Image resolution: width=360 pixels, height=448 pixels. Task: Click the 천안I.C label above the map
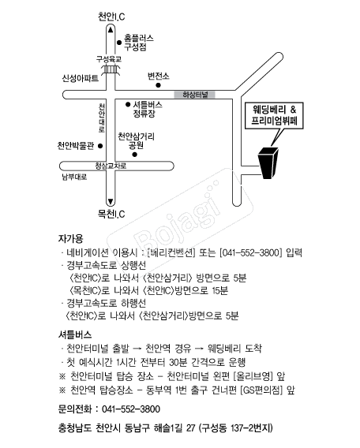tap(111, 17)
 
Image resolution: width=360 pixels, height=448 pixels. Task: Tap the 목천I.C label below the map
tap(111, 214)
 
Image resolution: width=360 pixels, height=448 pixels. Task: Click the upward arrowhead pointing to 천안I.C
tap(111, 29)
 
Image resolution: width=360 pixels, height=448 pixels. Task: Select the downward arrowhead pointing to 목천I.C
tap(111, 201)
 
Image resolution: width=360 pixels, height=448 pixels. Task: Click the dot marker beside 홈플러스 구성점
tap(119, 43)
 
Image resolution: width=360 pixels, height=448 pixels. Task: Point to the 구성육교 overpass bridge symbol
tap(111, 69)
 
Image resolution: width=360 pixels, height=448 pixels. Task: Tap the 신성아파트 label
tap(81, 78)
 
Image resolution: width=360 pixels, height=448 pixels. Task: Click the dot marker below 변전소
tap(158, 85)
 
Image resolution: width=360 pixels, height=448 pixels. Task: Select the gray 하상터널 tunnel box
tap(195, 95)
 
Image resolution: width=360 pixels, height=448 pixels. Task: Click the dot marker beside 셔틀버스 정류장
tap(128, 105)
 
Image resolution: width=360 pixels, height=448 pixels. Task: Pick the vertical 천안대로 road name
tap(102, 118)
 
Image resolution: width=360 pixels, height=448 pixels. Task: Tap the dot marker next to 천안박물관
tap(100, 146)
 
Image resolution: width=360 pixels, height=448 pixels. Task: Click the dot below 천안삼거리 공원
tap(135, 155)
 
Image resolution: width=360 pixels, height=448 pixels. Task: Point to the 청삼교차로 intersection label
tap(111, 166)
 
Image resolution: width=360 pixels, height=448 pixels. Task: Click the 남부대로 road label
tap(74, 177)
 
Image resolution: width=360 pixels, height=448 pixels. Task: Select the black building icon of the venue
tap(268, 162)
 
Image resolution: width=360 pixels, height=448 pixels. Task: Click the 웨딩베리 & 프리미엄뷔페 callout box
tap(274, 116)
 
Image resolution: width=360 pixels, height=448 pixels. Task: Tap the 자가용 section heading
tap(70, 238)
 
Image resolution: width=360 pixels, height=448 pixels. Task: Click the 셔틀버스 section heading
tap(75, 334)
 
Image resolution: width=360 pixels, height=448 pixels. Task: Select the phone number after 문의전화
tap(131, 409)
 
